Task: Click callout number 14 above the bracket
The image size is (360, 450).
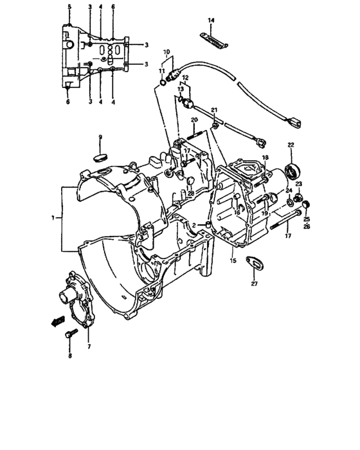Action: pyautogui.click(x=210, y=21)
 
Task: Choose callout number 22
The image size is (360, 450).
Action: pyautogui.click(x=291, y=145)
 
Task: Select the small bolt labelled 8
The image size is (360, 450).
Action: pyautogui.click(x=70, y=334)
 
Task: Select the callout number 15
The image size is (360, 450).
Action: pyautogui.click(x=233, y=261)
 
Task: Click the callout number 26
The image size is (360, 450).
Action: pyautogui.click(x=305, y=226)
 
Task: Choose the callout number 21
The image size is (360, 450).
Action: pyautogui.click(x=214, y=110)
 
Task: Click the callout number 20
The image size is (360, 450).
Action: pyautogui.click(x=192, y=121)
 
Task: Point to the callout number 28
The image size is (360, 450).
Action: pyautogui.click(x=190, y=194)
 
